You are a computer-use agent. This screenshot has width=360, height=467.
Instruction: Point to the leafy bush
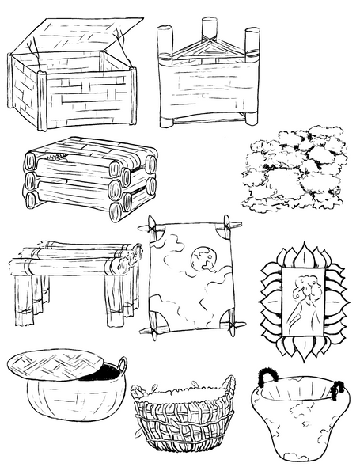[x=294, y=170]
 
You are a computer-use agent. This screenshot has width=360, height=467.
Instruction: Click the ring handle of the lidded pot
[x=121, y=366]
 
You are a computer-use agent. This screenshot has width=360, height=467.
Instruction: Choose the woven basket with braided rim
[x=183, y=420]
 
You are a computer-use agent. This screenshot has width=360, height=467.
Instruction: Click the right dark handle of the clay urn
[x=338, y=388]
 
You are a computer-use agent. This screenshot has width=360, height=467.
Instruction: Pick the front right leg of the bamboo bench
[x=111, y=305]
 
